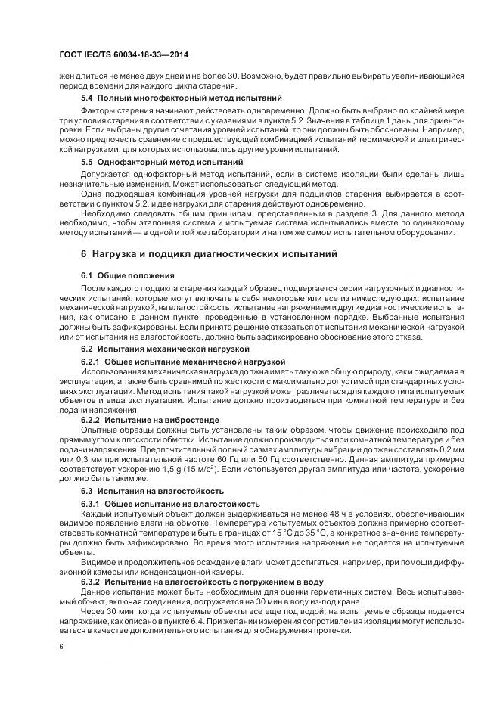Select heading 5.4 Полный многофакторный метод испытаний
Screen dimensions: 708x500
click(x=171, y=98)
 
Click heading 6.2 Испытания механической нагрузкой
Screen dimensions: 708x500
click(x=165, y=349)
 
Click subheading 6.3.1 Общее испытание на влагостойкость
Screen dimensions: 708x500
click(x=170, y=504)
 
